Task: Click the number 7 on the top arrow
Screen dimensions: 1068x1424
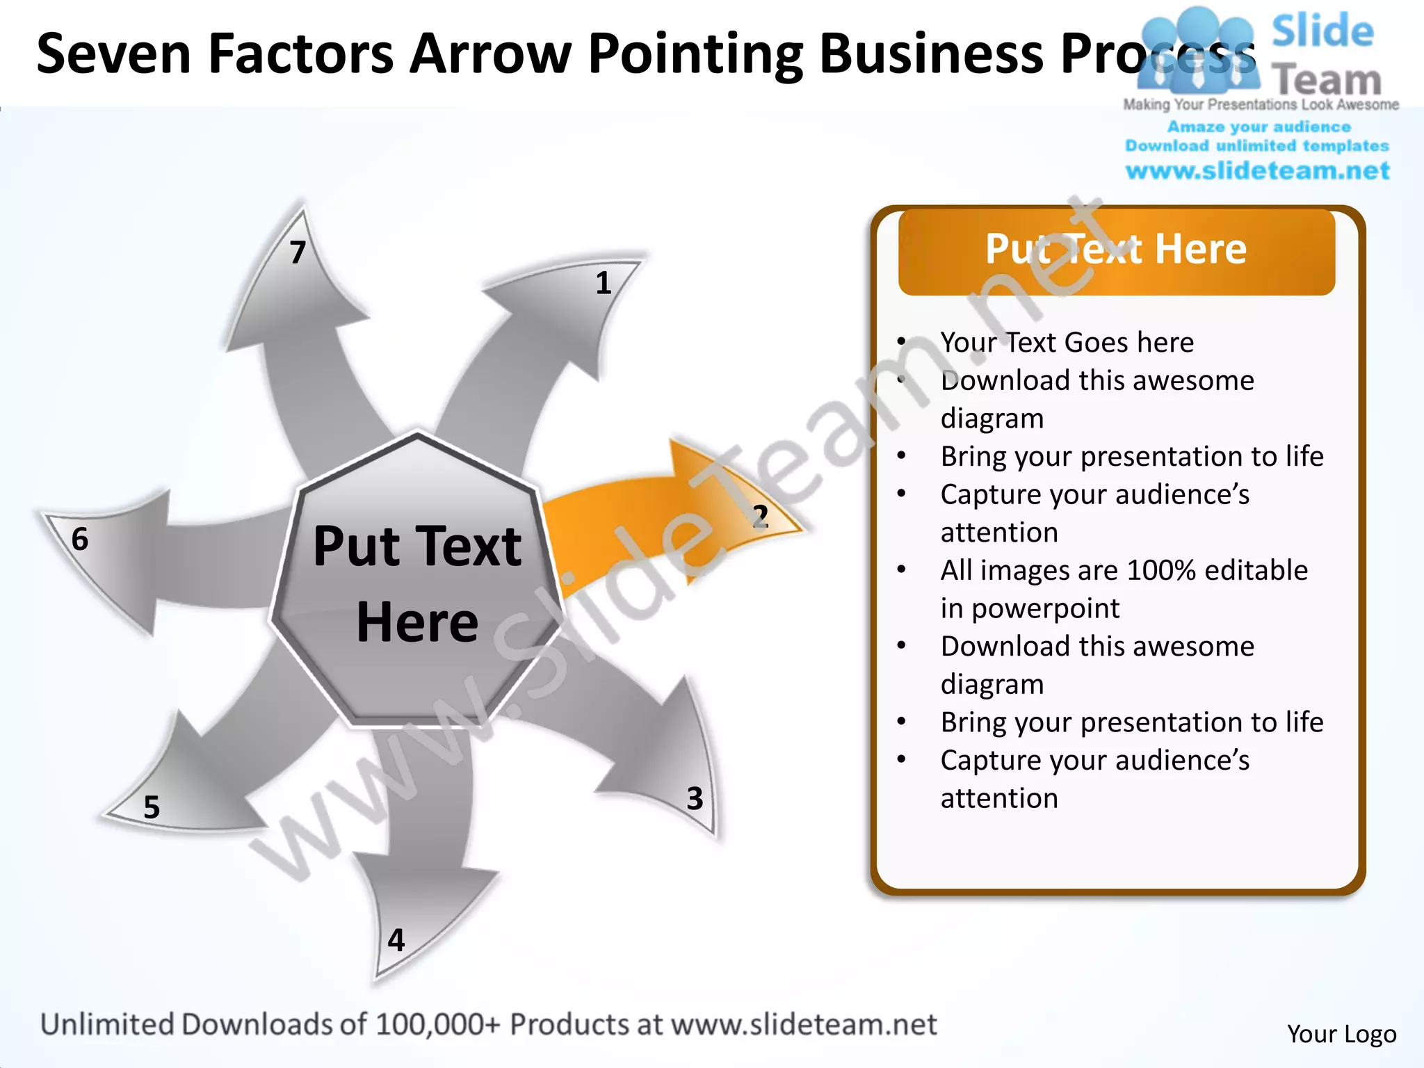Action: [x=298, y=252]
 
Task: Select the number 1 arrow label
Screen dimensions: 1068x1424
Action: [x=604, y=283]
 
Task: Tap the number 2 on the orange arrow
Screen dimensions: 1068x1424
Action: [x=760, y=517]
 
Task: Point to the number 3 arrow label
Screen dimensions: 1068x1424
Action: [x=695, y=798]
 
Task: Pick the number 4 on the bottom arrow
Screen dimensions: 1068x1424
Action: [x=396, y=940]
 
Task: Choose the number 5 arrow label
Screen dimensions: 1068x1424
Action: [x=152, y=807]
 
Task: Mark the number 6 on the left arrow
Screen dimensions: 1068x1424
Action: [x=80, y=539]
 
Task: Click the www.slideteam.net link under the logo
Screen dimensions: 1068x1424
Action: [x=1257, y=171]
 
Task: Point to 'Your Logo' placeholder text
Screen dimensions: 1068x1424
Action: [x=1341, y=1034]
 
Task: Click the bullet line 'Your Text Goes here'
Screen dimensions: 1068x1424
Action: [x=1067, y=342]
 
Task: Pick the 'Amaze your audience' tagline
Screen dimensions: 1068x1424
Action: [x=1259, y=127]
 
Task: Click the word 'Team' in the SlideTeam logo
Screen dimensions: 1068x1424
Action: [x=1327, y=81]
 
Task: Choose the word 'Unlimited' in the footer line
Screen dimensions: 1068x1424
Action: [x=108, y=1025]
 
